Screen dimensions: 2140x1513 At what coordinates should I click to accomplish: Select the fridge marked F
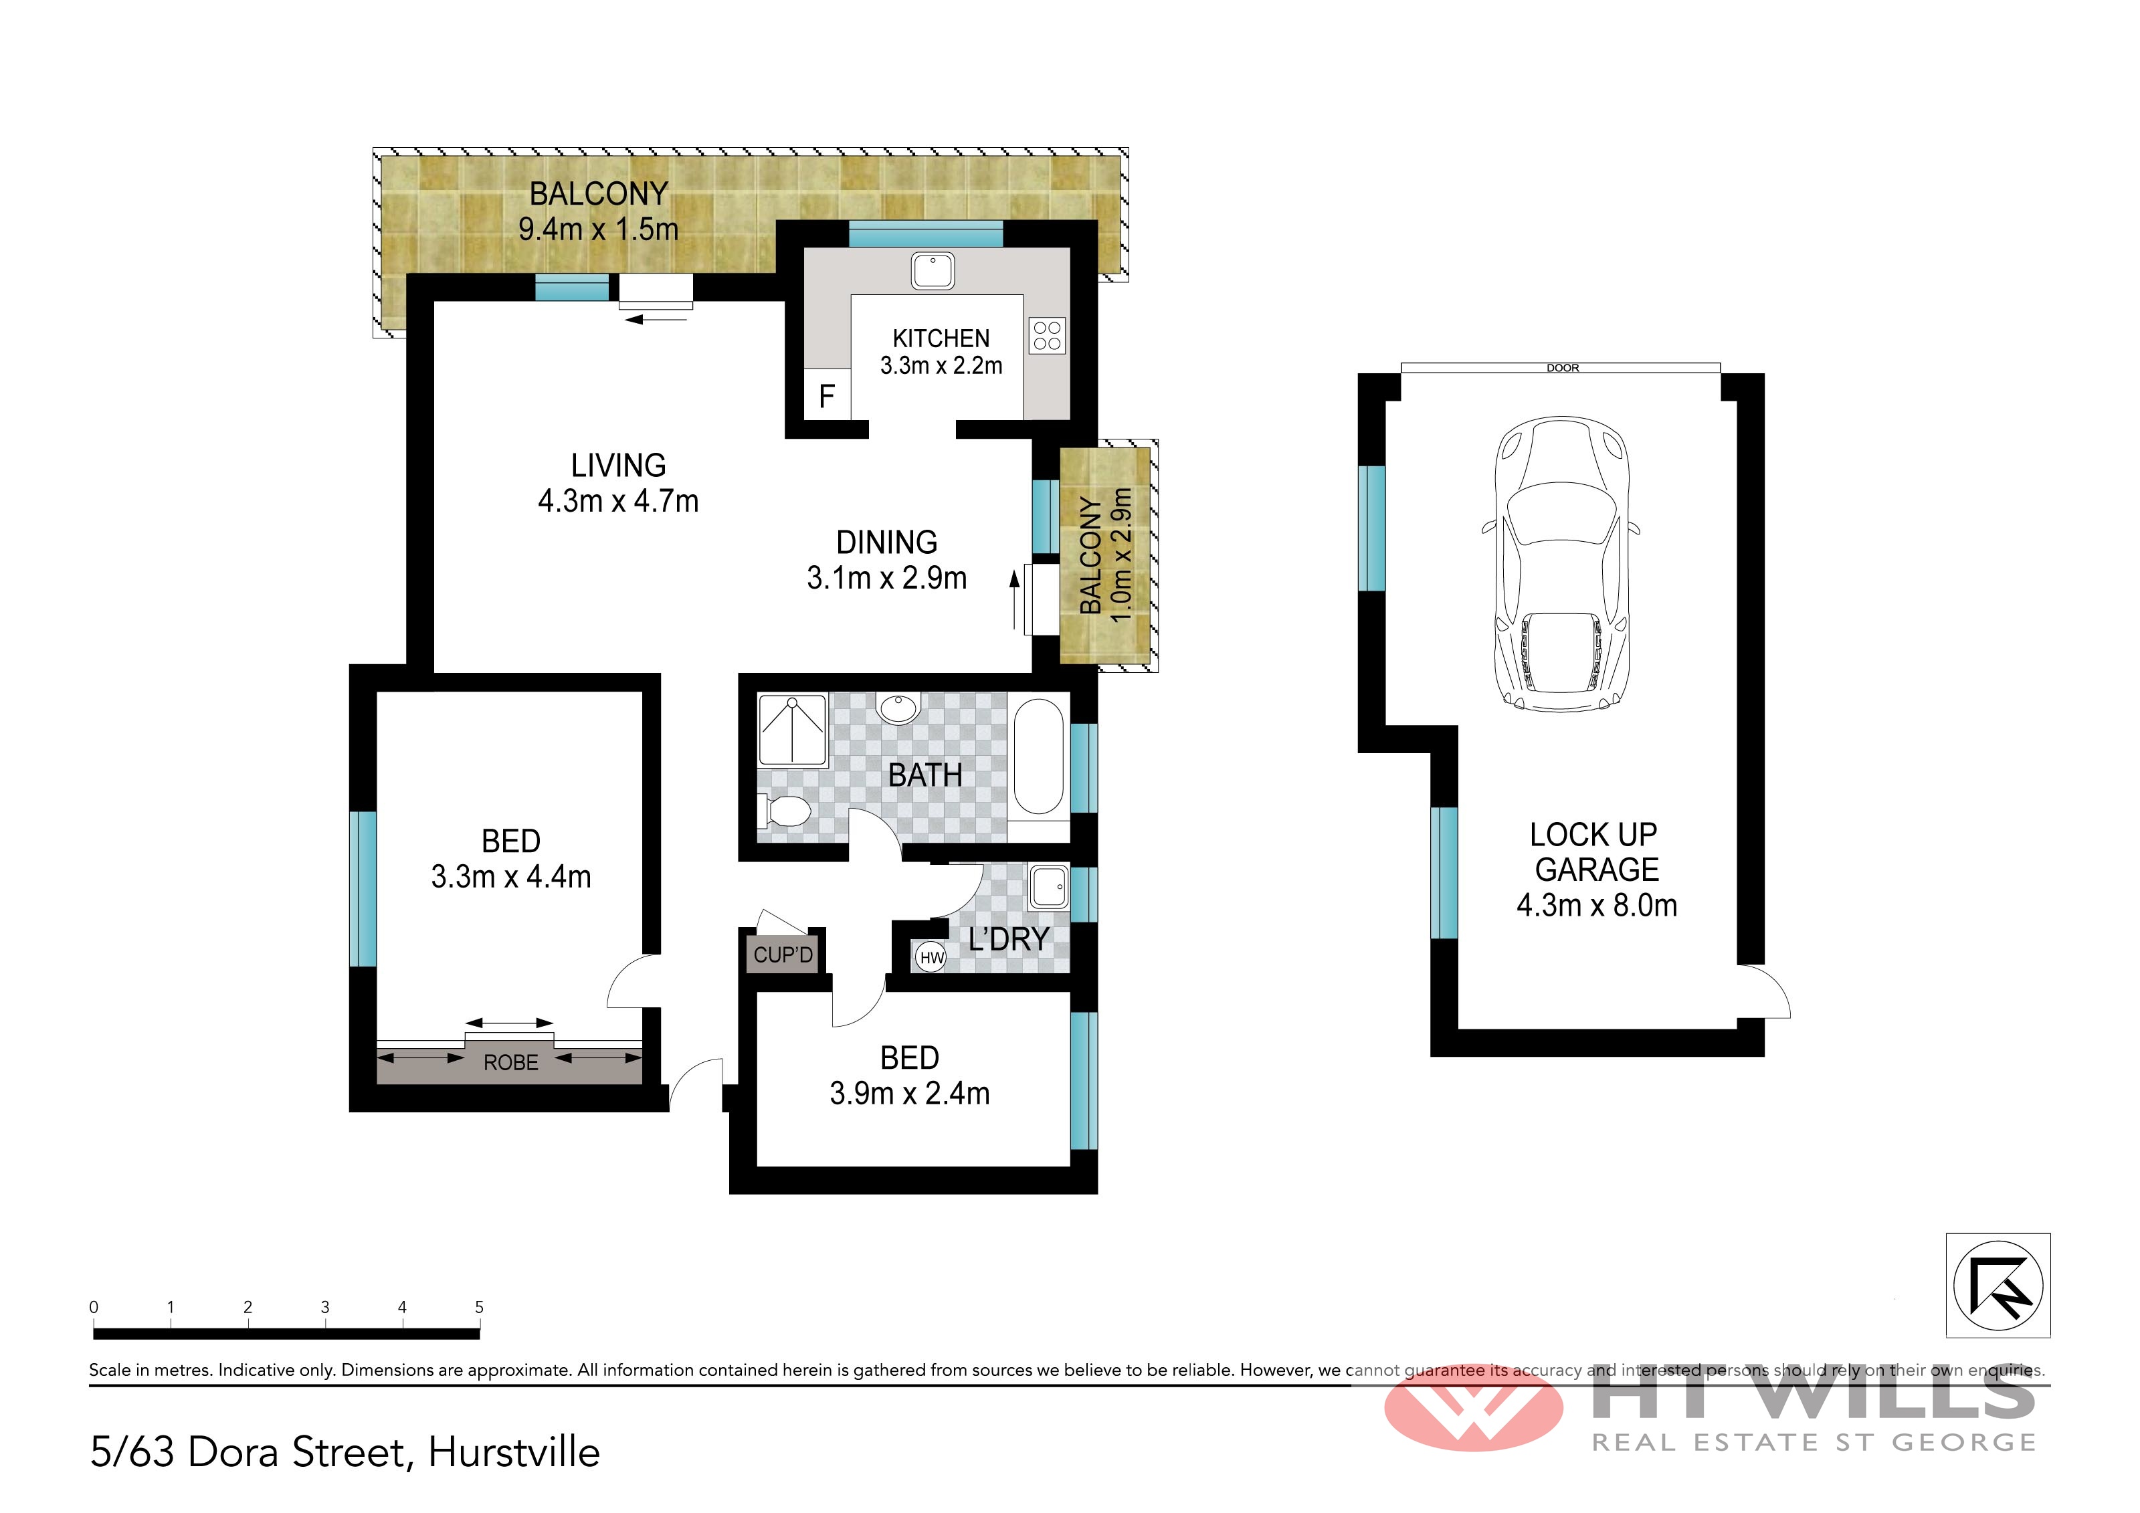pyautogui.click(x=827, y=396)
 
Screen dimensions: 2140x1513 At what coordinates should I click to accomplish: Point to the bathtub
pyautogui.click(x=1038, y=757)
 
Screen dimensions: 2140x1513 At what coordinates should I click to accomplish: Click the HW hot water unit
pyautogui.click(x=931, y=957)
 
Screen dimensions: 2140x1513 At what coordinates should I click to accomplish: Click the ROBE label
pyautogui.click(x=511, y=1063)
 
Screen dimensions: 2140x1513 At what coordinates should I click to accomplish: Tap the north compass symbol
pyautogui.click(x=1998, y=1286)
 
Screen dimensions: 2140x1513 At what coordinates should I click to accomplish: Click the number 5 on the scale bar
pyautogui.click(x=479, y=1307)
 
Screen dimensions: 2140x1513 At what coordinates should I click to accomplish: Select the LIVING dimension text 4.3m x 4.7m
pyautogui.click(x=618, y=502)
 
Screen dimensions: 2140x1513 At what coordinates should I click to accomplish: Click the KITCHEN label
pyautogui.click(x=941, y=338)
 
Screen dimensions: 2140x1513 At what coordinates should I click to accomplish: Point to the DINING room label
pyautogui.click(x=886, y=542)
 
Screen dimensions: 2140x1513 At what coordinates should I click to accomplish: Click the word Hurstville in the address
pyautogui.click(x=514, y=1452)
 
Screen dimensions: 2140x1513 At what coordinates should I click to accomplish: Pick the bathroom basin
pyautogui.click(x=898, y=708)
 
